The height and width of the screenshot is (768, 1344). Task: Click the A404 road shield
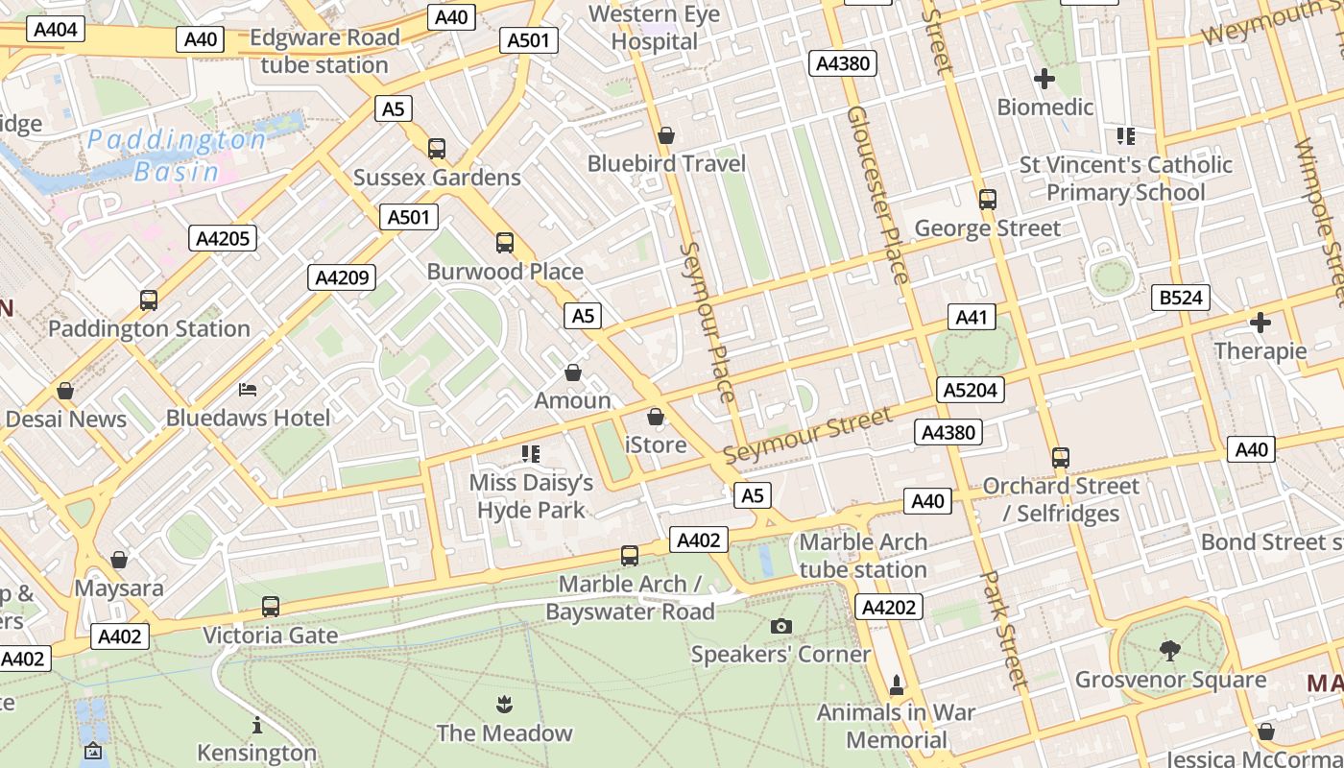55,30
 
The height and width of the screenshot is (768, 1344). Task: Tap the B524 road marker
1180,298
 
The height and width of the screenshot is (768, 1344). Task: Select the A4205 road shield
223,238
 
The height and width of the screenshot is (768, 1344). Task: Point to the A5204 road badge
971,390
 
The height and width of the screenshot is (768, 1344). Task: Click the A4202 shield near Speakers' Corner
890,607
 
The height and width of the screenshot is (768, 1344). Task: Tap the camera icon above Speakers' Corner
781,627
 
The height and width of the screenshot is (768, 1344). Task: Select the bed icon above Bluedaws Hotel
248,390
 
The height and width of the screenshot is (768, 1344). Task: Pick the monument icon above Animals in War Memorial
897,684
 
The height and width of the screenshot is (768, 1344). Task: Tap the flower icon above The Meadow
504,706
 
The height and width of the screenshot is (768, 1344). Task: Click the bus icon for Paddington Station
149,300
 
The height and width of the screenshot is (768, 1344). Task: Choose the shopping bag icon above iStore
656,417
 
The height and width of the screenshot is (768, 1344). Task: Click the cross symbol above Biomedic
1044,79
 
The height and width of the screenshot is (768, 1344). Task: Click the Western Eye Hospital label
654,28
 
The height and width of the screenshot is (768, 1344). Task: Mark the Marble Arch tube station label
863,556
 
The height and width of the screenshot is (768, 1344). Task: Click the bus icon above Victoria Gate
271,607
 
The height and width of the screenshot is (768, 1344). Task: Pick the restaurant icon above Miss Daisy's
531,453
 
